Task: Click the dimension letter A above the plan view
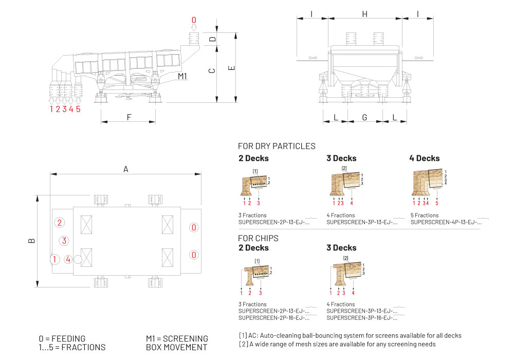coord(125,169)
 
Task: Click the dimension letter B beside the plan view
coord(32,240)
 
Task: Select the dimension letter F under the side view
coord(129,117)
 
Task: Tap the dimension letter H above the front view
coord(364,14)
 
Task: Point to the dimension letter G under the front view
coord(364,118)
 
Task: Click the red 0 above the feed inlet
coord(194,20)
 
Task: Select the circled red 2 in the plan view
coord(60,223)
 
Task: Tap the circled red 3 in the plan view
coord(64,240)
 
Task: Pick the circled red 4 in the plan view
coord(68,259)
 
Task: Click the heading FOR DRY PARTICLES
coord(277,146)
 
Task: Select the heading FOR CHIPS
coord(258,238)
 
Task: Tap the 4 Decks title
coord(425,158)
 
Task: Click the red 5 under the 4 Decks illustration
coord(437,203)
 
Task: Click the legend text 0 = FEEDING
coord(62,338)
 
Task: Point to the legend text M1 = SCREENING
coord(177,338)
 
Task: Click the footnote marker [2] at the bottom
coord(243,344)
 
